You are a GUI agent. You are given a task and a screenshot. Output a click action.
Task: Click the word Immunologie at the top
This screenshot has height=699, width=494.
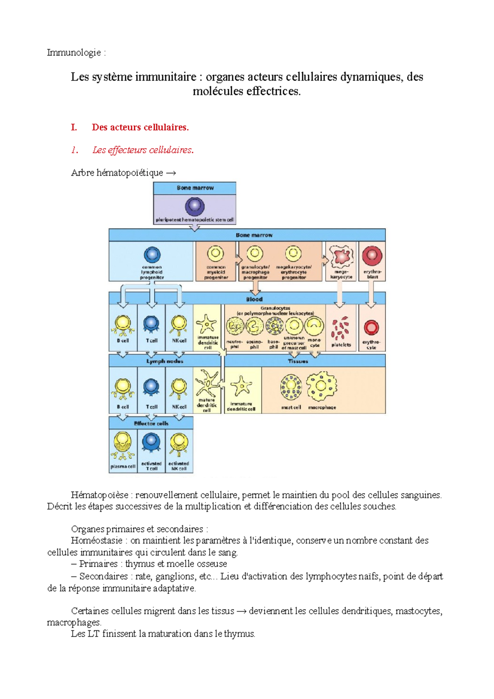coord(74,53)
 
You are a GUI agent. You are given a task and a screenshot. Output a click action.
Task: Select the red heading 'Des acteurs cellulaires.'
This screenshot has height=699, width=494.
coord(140,128)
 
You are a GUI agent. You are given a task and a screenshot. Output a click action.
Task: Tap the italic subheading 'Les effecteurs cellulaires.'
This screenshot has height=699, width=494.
coord(143,150)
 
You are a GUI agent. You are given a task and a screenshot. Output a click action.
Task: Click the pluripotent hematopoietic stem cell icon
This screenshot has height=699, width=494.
coord(195,207)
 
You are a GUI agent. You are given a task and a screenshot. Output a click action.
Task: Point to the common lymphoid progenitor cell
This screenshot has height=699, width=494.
coord(152,255)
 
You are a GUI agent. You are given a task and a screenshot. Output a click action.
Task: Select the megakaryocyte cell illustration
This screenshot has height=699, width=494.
coord(341,256)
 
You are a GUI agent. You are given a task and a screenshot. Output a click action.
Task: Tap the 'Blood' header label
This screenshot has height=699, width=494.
coord(254,299)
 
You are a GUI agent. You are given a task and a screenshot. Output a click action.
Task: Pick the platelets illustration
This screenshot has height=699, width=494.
coord(341,329)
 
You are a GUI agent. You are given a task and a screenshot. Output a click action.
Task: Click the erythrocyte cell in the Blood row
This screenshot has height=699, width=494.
coord(371,328)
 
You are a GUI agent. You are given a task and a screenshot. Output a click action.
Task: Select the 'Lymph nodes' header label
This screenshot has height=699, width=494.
coord(165,361)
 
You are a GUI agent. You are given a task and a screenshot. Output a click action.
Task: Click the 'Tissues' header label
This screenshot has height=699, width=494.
coord(298,361)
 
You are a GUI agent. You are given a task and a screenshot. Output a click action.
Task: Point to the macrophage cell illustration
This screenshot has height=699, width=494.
coord(322,387)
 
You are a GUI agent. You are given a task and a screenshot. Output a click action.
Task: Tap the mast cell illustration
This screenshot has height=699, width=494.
coord(291,387)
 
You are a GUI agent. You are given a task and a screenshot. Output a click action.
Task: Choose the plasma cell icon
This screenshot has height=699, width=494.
coord(122,445)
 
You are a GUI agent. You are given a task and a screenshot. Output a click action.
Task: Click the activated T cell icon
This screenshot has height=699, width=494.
coord(151,443)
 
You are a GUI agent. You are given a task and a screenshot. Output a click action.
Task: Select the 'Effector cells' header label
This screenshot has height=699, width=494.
coord(151,423)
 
